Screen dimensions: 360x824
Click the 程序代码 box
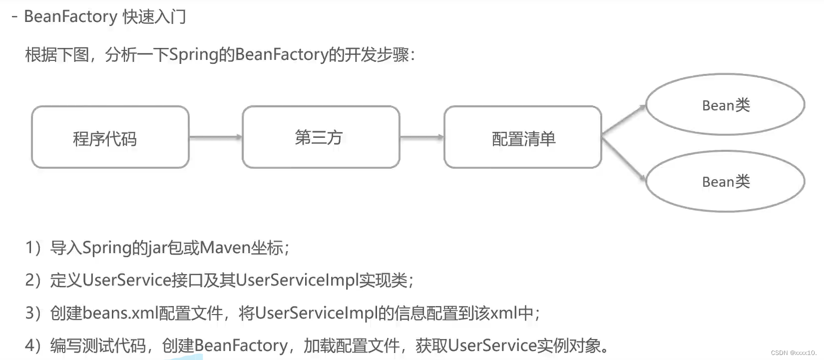tap(110, 137)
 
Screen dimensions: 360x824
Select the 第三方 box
tap(321, 137)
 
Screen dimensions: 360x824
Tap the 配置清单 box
tap(522, 137)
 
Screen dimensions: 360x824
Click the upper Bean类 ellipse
tap(725, 105)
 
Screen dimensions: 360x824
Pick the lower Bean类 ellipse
tap(725, 181)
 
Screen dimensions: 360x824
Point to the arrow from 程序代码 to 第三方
tap(215, 137)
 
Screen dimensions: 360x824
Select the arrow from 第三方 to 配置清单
tap(421, 137)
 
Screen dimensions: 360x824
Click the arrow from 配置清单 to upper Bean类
tap(623, 120)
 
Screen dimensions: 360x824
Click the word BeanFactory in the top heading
tap(70, 16)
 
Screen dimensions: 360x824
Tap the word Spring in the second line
tap(194, 54)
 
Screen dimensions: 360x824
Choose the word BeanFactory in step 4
tap(241, 346)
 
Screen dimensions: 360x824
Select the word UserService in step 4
tap(492, 346)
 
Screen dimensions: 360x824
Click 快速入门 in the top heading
tap(154, 16)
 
